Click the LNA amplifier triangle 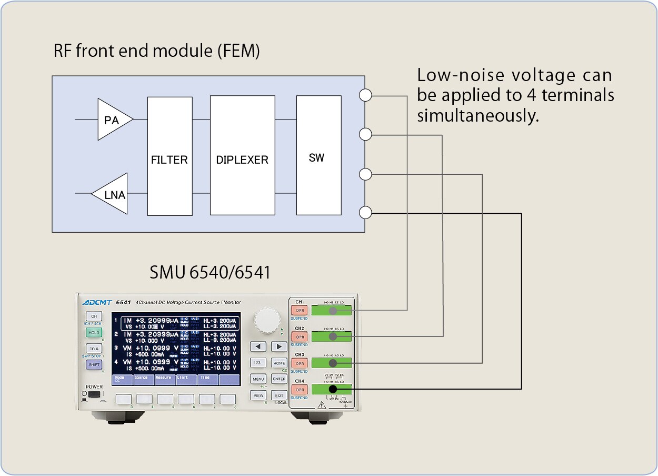[113, 194]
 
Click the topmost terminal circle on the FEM [365, 95]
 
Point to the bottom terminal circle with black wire [365, 213]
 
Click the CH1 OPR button [300, 311]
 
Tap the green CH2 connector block [331, 336]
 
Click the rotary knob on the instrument [267, 320]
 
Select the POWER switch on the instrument [95, 394]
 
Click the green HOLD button [94, 333]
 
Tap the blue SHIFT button [94, 364]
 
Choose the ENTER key [279, 379]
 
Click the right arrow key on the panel [279, 346]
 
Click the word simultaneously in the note [478, 116]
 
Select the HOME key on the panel [279, 363]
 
